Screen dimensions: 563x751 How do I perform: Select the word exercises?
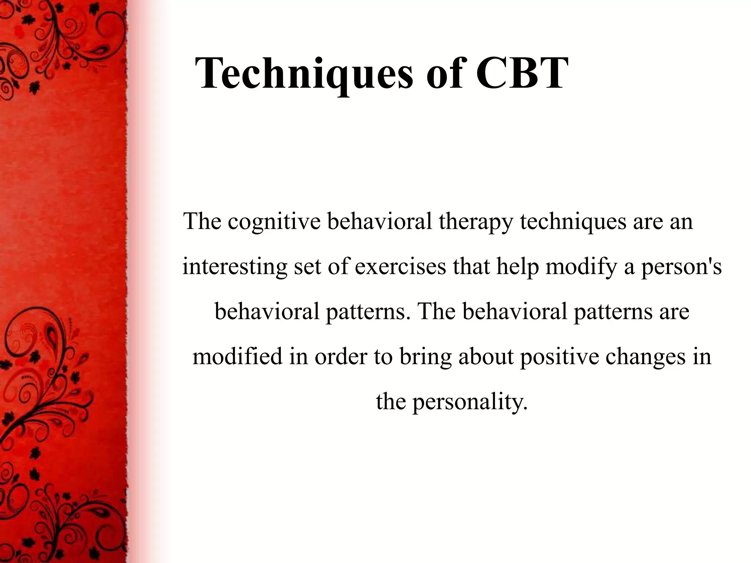point(400,266)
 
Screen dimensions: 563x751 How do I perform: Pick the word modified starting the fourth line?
point(238,356)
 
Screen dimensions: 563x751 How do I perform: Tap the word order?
point(341,356)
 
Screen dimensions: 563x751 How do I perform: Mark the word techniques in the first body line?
point(573,222)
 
